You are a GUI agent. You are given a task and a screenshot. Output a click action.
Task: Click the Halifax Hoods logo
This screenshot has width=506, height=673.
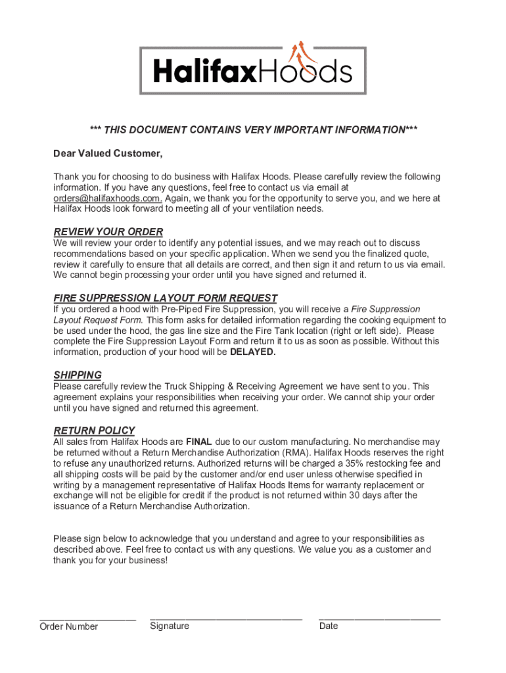pyautogui.click(x=253, y=70)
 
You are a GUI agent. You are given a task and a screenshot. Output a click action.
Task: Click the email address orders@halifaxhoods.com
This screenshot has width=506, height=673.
pyautogui.click(x=107, y=198)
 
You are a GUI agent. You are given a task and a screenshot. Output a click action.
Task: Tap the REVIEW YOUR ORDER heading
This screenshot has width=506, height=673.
pyautogui.click(x=108, y=232)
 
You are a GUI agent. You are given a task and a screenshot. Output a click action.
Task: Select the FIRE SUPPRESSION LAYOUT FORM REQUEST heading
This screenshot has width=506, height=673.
pyautogui.click(x=165, y=298)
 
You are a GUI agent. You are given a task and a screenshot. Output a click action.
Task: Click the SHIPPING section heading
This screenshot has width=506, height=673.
pyautogui.click(x=78, y=375)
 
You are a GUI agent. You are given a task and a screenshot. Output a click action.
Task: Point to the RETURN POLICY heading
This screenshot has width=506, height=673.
pyautogui.click(x=94, y=430)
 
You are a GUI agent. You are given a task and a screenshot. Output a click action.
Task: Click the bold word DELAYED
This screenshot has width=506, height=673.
pyautogui.click(x=253, y=352)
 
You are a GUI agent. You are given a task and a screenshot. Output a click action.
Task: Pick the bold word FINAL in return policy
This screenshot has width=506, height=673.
pyautogui.click(x=198, y=442)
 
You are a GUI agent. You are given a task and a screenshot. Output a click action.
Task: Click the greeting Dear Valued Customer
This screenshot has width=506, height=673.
pyautogui.click(x=108, y=154)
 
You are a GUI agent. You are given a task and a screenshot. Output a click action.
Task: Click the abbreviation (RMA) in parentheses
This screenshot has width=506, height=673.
pyautogui.click(x=296, y=453)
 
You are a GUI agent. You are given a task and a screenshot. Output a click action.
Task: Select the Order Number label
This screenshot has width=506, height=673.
pyautogui.click(x=68, y=626)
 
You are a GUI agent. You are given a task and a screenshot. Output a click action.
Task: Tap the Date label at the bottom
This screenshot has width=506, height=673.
pyautogui.click(x=329, y=626)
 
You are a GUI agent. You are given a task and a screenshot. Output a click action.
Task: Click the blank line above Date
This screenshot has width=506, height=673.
pyautogui.click(x=379, y=618)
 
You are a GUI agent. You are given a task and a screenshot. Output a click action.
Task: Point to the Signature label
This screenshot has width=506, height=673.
pyautogui.click(x=170, y=626)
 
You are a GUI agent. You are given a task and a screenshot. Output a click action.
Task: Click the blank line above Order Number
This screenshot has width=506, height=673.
pyautogui.click(x=87, y=618)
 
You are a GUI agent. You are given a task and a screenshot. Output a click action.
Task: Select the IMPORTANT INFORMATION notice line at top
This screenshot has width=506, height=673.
pyautogui.click(x=253, y=129)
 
